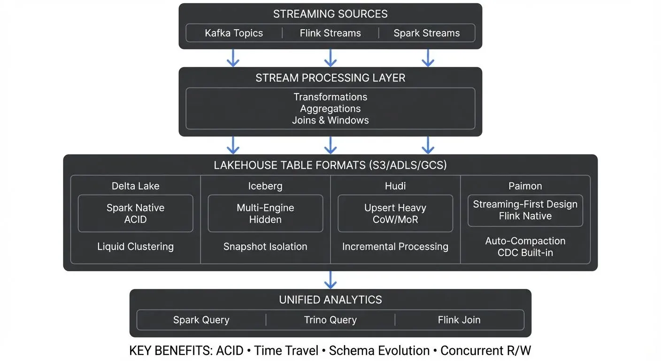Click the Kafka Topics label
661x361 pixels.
[x=234, y=33]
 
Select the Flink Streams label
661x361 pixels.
[x=330, y=33]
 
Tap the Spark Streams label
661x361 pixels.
[x=426, y=33]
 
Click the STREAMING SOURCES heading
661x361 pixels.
[x=330, y=14]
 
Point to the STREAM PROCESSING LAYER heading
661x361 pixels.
[x=330, y=78]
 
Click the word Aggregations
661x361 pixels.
[x=330, y=109]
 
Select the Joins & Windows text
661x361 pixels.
[x=330, y=120]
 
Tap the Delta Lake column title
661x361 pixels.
[x=135, y=186]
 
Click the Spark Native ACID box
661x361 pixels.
[x=135, y=213]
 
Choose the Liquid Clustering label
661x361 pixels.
[x=135, y=247]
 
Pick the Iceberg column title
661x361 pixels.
[x=265, y=186]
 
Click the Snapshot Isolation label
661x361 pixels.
[x=265, y=247]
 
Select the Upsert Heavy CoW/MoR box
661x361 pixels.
[x=395, y=213]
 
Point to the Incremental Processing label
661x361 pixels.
[x=395, y=247]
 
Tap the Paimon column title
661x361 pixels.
[x=525, y=186]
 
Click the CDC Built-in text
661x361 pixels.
[x=525, y=253]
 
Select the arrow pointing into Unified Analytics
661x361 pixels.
[x=330, y=280]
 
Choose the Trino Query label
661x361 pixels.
[x=330, y=320]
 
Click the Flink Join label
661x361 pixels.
[x=459, y=320]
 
